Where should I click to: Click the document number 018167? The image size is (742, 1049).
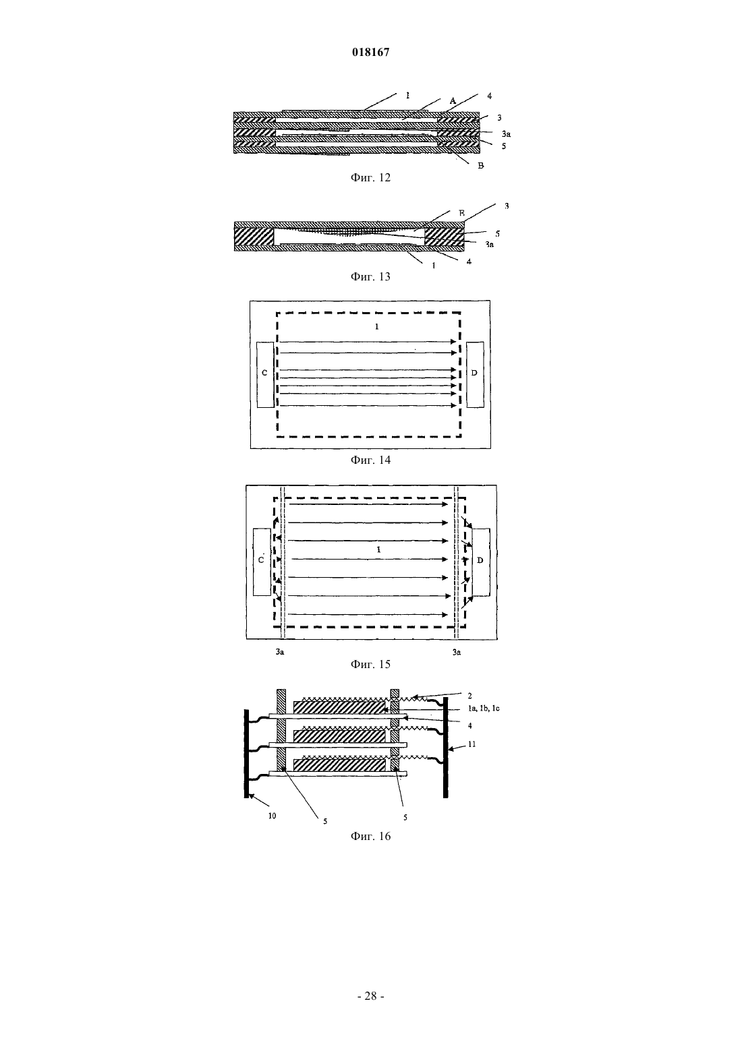[x=370, y=53]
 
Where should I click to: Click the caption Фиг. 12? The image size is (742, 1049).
[x=370, y=177]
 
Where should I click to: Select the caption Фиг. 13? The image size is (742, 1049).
[x=370, y=276]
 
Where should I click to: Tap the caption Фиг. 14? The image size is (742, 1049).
[x=370, y=460]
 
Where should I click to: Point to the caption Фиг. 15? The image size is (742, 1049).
[x=370, y=664]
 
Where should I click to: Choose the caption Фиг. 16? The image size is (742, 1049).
[x=370, y=836]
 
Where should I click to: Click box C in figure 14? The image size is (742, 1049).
[x=265, y=375]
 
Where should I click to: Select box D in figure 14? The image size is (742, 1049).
[x=475, y=375]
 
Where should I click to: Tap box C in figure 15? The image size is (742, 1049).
[x=262, y=562]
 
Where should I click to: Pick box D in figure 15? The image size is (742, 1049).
[x=481, y=562]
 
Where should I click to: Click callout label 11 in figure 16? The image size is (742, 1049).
[x=472, y=744]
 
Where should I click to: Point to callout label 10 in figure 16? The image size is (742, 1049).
[x=272, y=816]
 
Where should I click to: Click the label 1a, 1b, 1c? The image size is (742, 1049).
[x=484, y=709]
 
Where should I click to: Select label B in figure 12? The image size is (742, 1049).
[x=480, y=166]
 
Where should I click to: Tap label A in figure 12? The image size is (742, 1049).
[x=453, y=100]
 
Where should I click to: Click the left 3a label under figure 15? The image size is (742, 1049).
[x=280, y=652]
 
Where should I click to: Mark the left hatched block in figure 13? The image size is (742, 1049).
[x=254, y=237]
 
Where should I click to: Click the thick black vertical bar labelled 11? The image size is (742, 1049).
[x=445, y=747]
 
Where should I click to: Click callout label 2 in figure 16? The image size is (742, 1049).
[x=470, y=696]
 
